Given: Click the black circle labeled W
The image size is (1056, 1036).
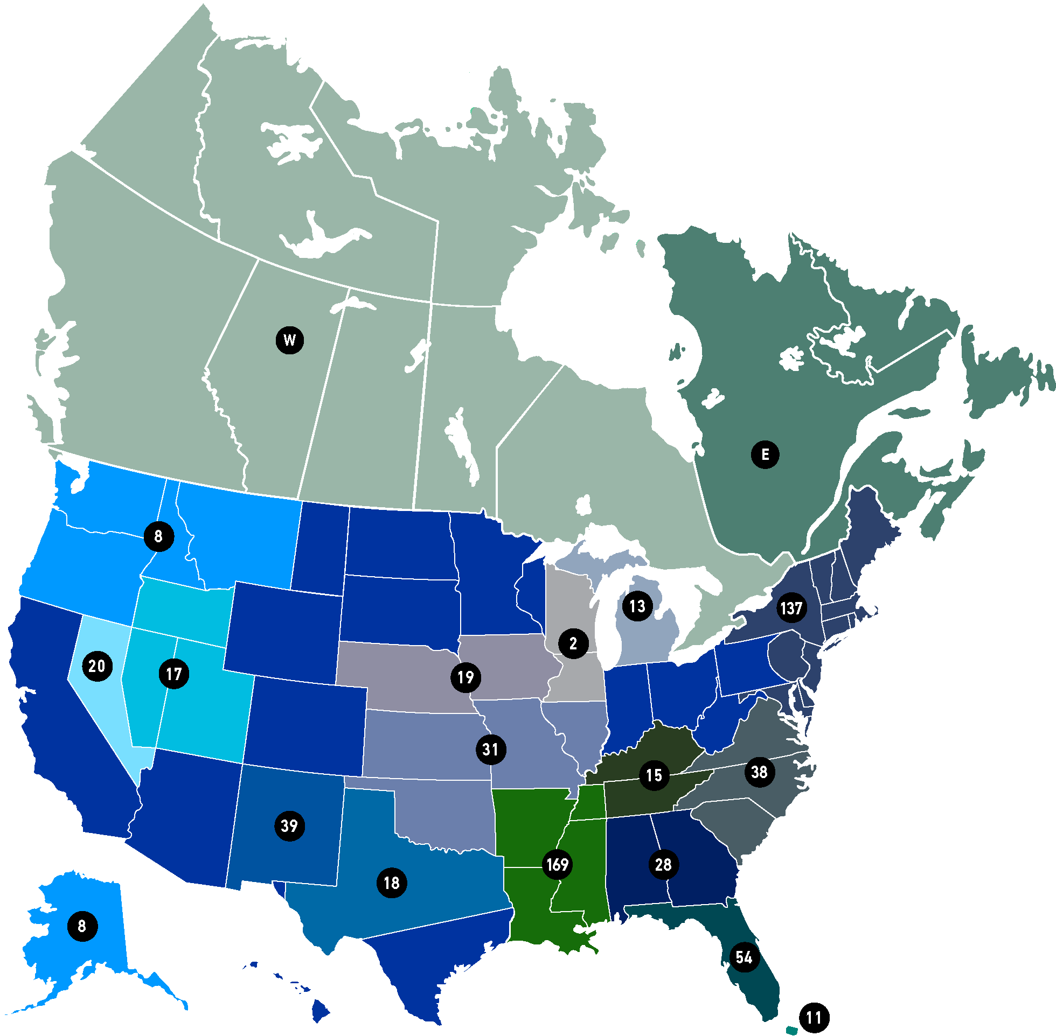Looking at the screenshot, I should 289,341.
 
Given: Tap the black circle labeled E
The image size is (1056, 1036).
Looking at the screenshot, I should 765,454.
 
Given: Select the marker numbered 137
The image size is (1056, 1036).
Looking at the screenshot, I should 791,608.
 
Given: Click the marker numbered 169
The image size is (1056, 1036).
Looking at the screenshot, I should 558,865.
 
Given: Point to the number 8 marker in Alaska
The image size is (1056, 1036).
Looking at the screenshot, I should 82,926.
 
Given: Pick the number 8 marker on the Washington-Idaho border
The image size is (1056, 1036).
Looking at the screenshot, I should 158,536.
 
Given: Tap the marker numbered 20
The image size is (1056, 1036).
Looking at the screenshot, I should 97,666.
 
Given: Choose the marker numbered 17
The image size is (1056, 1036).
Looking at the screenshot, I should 173,674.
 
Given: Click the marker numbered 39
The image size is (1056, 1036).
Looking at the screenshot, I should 289,826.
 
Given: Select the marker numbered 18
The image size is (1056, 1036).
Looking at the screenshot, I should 391,883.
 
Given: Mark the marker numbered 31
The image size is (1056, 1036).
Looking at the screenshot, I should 490,750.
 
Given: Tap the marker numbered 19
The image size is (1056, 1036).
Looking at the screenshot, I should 466,677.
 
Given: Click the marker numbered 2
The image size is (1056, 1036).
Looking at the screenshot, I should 573,643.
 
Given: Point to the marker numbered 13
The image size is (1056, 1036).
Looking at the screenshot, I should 637,606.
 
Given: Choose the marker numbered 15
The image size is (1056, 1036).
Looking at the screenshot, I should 654,775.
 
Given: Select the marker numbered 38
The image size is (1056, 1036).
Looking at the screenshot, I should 759,772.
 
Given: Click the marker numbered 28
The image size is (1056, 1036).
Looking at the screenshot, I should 663,865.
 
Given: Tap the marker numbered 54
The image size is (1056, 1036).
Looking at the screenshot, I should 744,957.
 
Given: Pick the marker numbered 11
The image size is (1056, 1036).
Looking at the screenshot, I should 814,1018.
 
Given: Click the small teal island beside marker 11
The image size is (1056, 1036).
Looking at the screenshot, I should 791,1030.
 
